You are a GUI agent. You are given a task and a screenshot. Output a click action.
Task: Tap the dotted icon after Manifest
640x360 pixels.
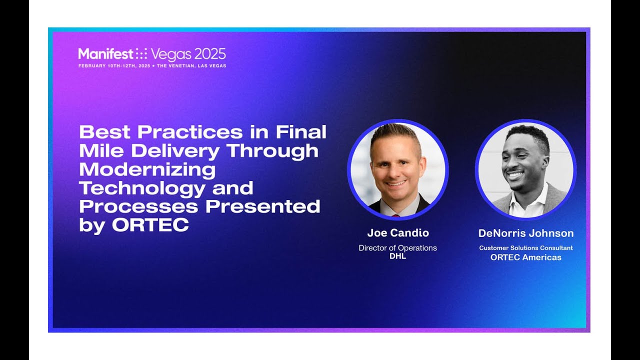pyautogui.click(x=141, y=54)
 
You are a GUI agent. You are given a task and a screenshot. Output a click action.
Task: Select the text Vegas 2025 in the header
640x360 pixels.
pyautogui.click(x=188, y=54)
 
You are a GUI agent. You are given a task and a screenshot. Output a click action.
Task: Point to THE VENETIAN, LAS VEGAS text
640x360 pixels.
pyautogui.click(x=191, y=66)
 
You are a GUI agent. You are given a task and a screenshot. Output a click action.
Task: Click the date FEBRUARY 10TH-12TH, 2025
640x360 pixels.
pyautogui.click(x=114, y=66)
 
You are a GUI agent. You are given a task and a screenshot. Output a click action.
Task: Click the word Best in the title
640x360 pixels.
pyautogui.click(x=105, y=132)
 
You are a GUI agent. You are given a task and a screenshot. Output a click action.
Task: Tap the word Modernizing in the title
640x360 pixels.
pyautogui.click(x=147, y=169)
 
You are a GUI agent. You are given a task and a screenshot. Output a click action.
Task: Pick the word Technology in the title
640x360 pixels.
pyautogui.click(x=142, y=188)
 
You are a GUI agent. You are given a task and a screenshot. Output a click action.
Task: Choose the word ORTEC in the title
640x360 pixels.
pyautogui.click(x=150, y=225)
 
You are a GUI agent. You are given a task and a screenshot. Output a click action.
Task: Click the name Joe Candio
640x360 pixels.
pyautogui.click(x=398, y=233)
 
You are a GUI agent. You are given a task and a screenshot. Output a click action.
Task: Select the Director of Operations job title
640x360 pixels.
pyautogui.click(x=398, y=248)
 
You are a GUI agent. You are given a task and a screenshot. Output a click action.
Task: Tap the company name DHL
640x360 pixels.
pyautogui.click(x=398, y=256)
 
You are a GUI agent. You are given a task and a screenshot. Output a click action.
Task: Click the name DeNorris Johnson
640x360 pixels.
pyautogui.click(x=526, y=233)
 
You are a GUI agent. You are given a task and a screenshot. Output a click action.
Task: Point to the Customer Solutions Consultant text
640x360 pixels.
pyautogui.click(x=526, y=248)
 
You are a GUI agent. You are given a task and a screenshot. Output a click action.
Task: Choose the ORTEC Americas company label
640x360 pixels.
pyautogui.click(x=526, y=257)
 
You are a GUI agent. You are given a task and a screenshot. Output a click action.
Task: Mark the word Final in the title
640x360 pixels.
pyautogui.click(x=301, y=132)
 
